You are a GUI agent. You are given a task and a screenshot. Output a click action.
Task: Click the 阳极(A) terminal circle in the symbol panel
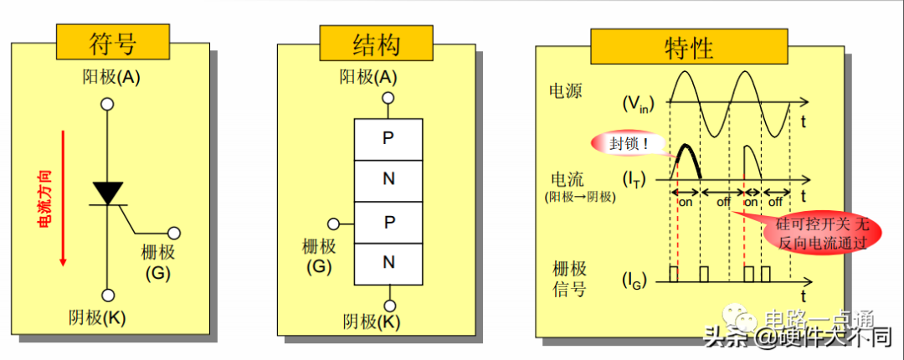point(107,104)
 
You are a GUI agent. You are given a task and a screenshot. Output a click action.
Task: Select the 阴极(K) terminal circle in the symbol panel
point(107,295)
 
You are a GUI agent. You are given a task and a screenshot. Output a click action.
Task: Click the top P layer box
point(388,138)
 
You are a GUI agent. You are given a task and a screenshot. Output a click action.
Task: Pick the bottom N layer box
point(388,263)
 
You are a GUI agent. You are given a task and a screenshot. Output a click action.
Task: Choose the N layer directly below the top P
point(388,179)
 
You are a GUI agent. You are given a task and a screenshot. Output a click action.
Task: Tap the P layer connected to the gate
point(388,222)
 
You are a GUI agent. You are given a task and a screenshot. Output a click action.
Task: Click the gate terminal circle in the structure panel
point(334,224)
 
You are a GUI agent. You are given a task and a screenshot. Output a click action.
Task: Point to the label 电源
point(566,90)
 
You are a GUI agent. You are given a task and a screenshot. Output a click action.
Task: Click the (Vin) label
point(637,104)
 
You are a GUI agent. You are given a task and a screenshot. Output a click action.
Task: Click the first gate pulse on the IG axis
point(674,274)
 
